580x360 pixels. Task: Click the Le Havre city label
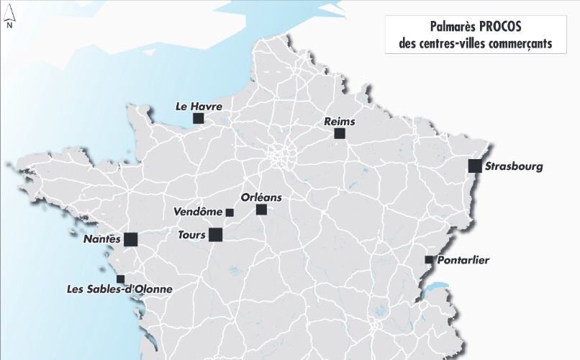click(x=199, y=106)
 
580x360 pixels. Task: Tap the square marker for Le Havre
click(x=199, y=118)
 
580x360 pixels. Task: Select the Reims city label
click(x=340, y=122)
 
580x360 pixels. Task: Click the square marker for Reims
click(x=340, y=134)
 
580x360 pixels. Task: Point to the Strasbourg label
click(x=514, y=167)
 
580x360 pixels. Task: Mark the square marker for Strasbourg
click(x=474, y=166)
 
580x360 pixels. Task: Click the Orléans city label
click(x=261, y=197)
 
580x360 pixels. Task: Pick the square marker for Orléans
click(x=261, y=210)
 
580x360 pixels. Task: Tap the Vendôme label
click(x=198, y=212)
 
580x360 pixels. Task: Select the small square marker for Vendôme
click(x=230, y=212)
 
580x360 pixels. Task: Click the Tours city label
click(x=192, y=234)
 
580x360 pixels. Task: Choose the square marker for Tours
click(x=215, y=234)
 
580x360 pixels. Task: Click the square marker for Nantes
click(x=130, y=240)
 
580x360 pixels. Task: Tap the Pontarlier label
click(x=463, y=260)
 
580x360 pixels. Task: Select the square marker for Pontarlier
click(x=429, y=259)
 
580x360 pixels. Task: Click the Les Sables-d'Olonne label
click(x=119, y=289)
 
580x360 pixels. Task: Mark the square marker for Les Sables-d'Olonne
click(x=120, y=279)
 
